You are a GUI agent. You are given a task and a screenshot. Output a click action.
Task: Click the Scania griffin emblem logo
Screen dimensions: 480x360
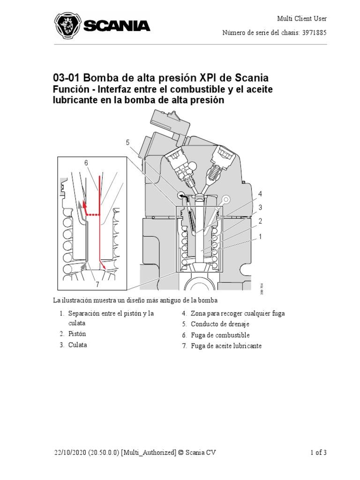coord(67,26)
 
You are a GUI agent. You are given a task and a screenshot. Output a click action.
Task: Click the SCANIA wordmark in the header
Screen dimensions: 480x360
coord(116,26)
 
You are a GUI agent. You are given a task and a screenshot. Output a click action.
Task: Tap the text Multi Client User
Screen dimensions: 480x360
coord(301,19)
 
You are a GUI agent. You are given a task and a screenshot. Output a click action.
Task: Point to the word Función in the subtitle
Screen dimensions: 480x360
coord(69,89)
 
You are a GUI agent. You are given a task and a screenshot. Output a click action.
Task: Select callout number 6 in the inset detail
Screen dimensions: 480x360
coord(86,163)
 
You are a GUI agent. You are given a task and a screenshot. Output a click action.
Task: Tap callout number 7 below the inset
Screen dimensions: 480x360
coord(97,284)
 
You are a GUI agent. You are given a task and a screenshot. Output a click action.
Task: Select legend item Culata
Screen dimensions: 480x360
coord(77,345)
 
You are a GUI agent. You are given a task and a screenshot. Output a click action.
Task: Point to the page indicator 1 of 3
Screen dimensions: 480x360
coord(318,452)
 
